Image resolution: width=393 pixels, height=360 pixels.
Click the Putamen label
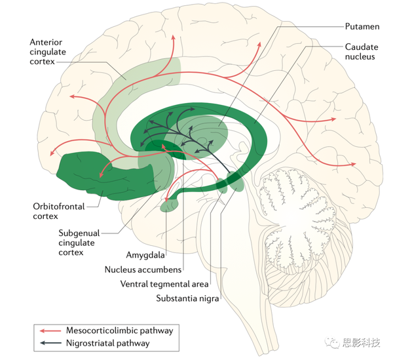(362, 27)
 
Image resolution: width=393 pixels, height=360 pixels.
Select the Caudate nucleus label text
(362, 52)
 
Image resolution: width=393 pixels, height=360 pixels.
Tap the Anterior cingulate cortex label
(48, 52)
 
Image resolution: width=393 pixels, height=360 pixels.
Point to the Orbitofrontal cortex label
(59, 211)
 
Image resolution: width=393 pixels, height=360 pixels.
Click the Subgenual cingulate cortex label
(79, 243)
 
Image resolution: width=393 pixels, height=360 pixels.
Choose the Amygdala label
(145, 255)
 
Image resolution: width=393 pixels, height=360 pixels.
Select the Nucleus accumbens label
(143, 270)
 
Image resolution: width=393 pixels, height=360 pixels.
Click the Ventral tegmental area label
(164, 284)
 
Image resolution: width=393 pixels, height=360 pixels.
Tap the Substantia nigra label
(187, 298)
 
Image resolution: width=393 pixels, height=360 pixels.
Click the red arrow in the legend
(50, 331)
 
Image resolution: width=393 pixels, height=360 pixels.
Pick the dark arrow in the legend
(50, 343)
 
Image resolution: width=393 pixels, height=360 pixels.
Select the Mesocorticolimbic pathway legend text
(120, 330)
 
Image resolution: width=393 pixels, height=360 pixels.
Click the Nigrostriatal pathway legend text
(108, 343)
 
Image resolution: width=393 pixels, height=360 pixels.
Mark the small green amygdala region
(170, 205)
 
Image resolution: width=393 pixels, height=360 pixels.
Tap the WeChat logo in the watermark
(331, 342)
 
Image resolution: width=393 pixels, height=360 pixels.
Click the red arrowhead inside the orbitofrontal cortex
(102, 174)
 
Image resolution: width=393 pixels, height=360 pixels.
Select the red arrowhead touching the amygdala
(166, 199)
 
